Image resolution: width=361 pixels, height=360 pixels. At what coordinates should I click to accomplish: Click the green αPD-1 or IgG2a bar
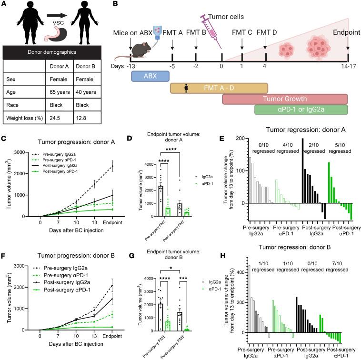(x=301, y=110)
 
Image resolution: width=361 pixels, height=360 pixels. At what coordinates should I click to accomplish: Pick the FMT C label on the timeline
(x=242, y=32)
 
